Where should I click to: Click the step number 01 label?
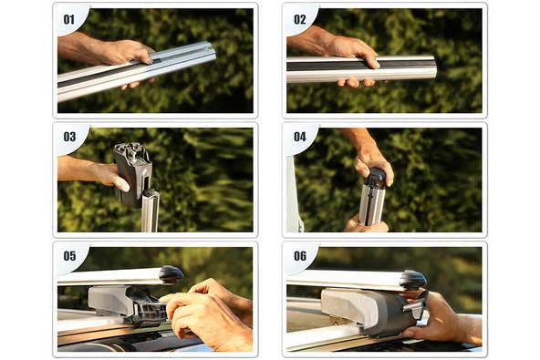click(x=69, y=18)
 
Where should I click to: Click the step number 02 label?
click(x=299, y=18)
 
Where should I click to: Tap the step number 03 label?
click(x=69, y=137)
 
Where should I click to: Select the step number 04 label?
click(x=299, y=137)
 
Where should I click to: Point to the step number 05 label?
click(x=69, y=256)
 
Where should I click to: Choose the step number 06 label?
click(x=299, y=256)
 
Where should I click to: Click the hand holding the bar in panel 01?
click(x=114, y=53)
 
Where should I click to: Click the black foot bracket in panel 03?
click(x=133, y=169)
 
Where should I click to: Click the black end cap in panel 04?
click(x=376, y=178)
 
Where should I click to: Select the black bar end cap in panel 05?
click(x=171, y=274)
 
